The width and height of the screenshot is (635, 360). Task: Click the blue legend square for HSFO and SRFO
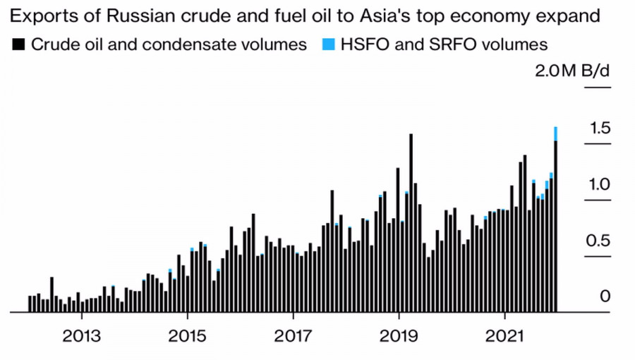point(327,44)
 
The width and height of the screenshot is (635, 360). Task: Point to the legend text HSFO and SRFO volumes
point(444,44)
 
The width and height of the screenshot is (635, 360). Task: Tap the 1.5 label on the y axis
point(600,128)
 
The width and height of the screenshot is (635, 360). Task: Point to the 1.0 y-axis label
point(600,184)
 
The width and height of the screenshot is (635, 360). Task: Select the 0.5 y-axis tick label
point(600,241)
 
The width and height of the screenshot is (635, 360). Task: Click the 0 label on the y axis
point(605,296)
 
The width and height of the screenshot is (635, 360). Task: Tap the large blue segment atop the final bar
point(556,133)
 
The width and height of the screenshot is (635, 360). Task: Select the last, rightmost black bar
point(556,226)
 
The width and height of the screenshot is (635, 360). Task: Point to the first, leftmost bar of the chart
point(30,304)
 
